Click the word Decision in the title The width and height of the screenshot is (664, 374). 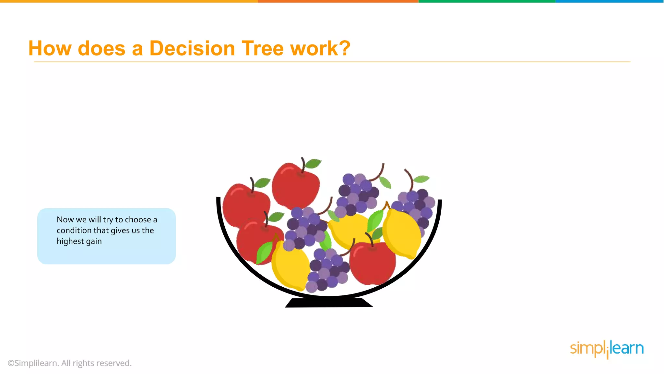pos(192,48)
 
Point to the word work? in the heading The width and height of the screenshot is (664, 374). pos(320,48)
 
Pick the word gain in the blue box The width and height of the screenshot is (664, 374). pos(94,241)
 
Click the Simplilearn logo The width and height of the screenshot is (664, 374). pos(607,349)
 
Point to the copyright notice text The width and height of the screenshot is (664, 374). pos(70,363)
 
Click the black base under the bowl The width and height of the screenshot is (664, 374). pos(329,303)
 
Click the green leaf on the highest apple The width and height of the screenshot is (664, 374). pos(313,163)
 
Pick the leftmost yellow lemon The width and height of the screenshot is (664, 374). pos(290,265)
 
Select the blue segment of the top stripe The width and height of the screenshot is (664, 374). pos(610,1)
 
